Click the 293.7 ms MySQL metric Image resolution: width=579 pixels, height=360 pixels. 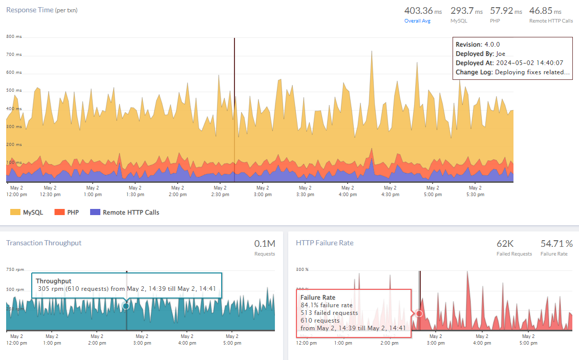(x=466, y=11)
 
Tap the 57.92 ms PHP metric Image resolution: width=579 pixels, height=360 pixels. (x=506, y=11)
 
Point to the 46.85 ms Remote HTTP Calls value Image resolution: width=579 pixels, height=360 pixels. (x=551, y=11)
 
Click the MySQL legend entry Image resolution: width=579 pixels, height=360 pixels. (x=25, y=212)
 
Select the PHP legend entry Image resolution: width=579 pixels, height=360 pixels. (x=67, y=212)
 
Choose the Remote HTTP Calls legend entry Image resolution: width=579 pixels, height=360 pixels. (x=124, y=212)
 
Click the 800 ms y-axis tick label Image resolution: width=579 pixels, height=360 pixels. (x=14, y=37)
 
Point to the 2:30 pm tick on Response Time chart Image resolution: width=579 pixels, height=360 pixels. (x=220, y=191)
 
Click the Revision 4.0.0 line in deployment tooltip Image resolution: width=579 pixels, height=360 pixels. (x=478, y=45)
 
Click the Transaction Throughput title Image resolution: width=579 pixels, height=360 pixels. (x=44, y=243)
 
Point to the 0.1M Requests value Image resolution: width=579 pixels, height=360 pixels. (x=264, y=244)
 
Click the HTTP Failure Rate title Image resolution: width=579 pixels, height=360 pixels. (x=325, y=243)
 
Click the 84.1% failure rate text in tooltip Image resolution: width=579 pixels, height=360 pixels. (x=327, y=305)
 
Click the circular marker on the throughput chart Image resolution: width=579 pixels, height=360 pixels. (x=126, y=306)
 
